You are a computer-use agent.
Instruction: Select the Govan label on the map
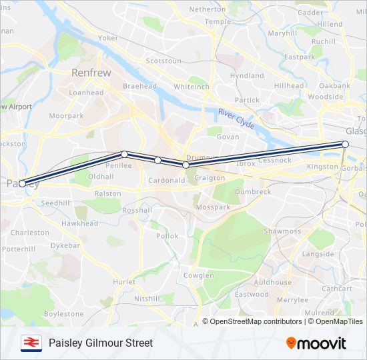click(228, 137)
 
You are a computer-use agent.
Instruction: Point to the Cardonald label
click(166, 180)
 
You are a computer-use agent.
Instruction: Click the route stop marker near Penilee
click(125, 154)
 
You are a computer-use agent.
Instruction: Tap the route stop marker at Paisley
click(23, 183)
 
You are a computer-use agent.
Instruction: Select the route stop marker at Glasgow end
click(345, 144)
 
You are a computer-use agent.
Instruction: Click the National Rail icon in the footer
click(30, 343)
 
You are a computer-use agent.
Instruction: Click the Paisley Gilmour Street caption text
click(101, 343)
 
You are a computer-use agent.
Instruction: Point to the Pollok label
click(167, 236)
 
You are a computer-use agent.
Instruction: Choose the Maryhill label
click(282, 33)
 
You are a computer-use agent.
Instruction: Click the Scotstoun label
click(163, 61)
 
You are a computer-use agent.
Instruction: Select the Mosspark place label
click(213, 207)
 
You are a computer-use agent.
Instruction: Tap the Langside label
click(318, 254)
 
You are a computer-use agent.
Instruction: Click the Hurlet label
click(125, 282)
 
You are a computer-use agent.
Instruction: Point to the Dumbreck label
click(253, 191)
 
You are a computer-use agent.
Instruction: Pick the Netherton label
click(208, 9)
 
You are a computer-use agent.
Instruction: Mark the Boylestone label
click(64, 313)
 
